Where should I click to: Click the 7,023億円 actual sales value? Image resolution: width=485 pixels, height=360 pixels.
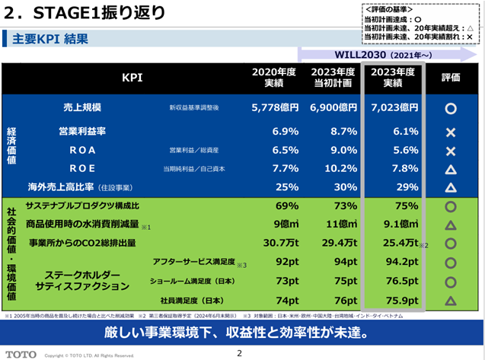[392, 108]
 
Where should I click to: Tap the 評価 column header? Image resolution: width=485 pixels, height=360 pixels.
[450, 77]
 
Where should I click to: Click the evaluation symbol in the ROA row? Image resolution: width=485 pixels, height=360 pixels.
[450, 151]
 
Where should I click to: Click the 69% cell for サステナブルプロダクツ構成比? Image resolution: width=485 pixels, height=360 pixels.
[286, 205]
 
